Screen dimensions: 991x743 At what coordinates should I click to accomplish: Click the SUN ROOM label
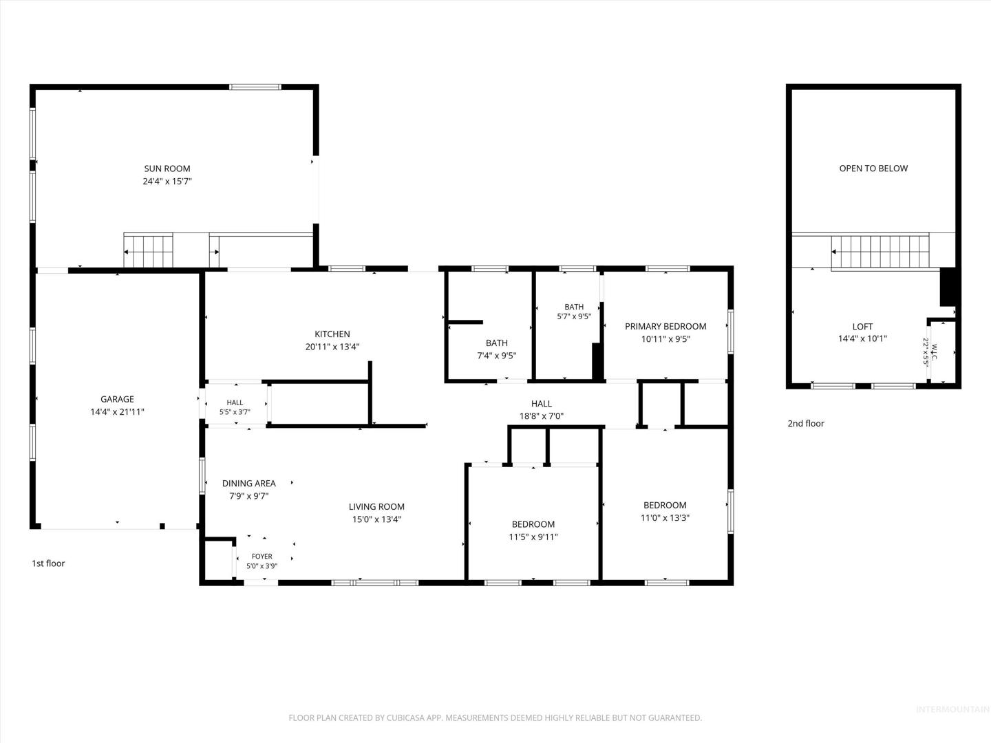click(167, 169)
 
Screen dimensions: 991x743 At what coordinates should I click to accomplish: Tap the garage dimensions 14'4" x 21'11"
click(117, 411)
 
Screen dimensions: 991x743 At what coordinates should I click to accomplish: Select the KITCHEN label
click(332, 334)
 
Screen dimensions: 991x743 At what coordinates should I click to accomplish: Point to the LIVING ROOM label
click(376, 506)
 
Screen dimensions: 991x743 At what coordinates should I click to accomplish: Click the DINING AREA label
click(248, 483)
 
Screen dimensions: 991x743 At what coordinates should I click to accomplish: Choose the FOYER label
click(262, 557)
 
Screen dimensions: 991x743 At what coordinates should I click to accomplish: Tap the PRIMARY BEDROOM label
click(665, 326)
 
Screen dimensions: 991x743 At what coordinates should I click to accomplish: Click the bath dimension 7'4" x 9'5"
click(497, 356)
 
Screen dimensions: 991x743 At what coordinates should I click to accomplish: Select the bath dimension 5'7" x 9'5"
click(574, 316)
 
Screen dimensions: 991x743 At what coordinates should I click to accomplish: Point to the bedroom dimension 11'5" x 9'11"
click(533, 537)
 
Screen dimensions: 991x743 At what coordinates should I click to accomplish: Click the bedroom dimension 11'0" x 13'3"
click(665, 518)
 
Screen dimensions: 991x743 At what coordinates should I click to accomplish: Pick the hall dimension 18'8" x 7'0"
click(542, 416)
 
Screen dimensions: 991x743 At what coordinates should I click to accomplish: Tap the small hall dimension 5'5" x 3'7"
click(235, 412)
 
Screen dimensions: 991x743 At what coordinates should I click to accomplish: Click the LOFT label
click(862, 327)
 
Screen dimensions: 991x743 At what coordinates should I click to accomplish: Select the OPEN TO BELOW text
click(873, 169)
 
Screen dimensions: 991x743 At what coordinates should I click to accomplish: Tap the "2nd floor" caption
click(806, 424)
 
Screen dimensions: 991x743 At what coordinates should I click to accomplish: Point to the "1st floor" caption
click(48, 563)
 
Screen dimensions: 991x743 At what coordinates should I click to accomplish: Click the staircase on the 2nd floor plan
click(880, 251)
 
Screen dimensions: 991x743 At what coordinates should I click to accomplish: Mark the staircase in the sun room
click(148, 251)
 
